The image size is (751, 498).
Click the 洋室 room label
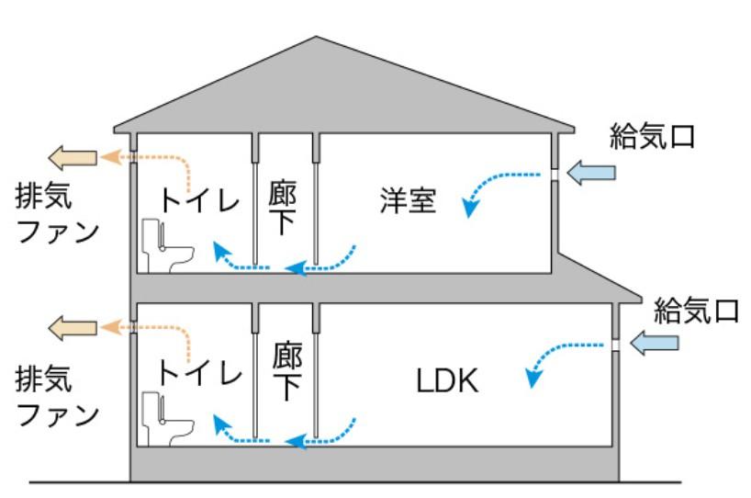pyautogui.click(x=408, y=200)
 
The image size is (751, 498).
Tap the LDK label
pyautogui.click(x=447, y=381)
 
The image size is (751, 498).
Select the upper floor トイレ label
pyautogui.click(x=200, y=200)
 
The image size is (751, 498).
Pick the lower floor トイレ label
pyautogui.click(x=200, y=373)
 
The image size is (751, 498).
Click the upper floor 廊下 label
pyautogui.click(x=283, y=207)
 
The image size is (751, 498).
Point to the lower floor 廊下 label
pyautogui.click(x=286, y=370)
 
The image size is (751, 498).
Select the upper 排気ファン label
pyautogui.click(x=58, y=213)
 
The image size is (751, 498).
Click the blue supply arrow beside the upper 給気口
pyautogui.click(x=591, y=173)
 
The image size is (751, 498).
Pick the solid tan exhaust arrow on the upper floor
pyautogui.click(x=73, y=158)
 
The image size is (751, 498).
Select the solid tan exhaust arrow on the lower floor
pyautogui.click(x=73, y=328)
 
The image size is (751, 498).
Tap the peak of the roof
pyautogui.click(x=316, y=37)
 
